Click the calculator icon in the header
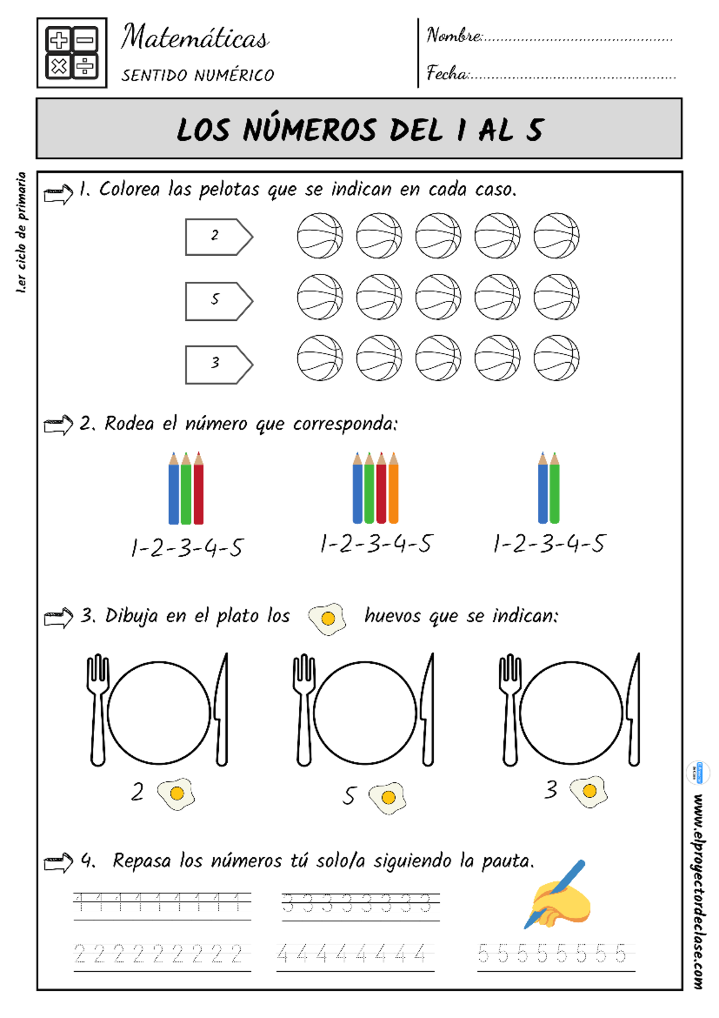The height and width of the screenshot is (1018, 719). point(72,53)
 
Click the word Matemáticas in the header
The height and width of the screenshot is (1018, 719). point(195,38)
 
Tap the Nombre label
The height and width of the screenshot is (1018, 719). point(454,35)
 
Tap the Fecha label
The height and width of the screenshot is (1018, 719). point(447,73)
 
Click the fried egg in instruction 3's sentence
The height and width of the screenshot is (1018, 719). point(327,618)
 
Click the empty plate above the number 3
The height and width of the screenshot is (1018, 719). point(571,712)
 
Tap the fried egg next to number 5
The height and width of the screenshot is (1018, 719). point(388,797)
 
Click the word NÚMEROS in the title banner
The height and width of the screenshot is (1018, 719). point(310,130)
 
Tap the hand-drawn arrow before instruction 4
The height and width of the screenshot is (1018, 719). point(59,863)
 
